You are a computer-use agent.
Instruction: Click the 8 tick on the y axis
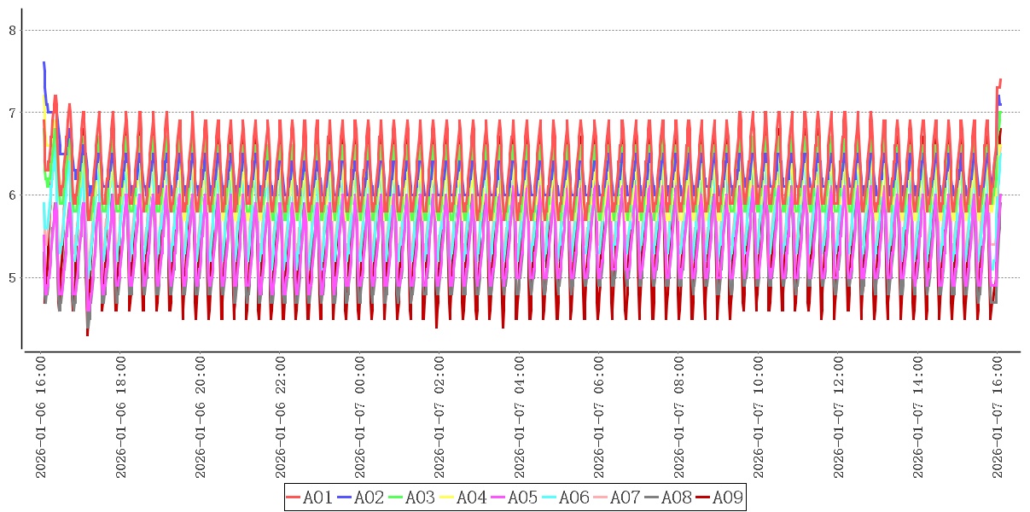coord(12,31)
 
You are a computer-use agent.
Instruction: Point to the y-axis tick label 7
coord(12,113)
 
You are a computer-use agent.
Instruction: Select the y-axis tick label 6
coord(12,195)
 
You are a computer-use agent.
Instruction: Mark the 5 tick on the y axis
coord(12,278)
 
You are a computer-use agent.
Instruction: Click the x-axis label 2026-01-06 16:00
coord(40,417)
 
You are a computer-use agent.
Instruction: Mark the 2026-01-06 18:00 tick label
coord(120,417)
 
